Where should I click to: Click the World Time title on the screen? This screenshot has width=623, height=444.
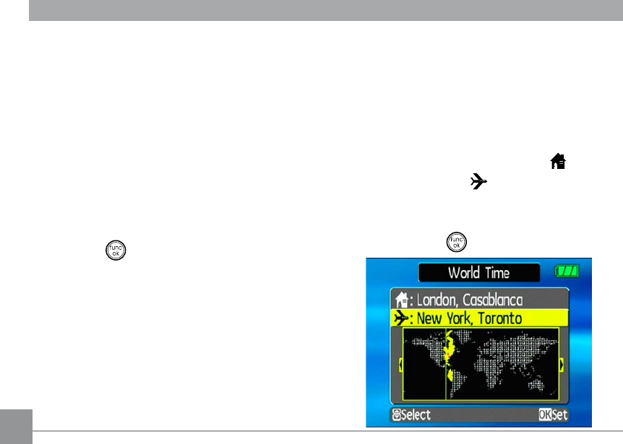click(478, 273)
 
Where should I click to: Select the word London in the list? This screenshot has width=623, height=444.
click(437, 300)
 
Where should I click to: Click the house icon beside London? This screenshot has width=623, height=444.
click(400, 300)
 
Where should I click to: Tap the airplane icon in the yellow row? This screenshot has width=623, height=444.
click(400, 318)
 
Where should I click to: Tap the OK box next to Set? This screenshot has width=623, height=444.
click(544, 415)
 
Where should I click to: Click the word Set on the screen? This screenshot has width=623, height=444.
click(560, 415)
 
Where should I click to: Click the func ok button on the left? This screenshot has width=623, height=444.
click(116, 250)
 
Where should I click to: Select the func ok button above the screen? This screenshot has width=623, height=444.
click(456, 242)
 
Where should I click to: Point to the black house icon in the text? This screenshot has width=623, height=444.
click(557, 162)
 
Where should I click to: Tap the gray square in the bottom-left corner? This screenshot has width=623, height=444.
click(16, 426)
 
